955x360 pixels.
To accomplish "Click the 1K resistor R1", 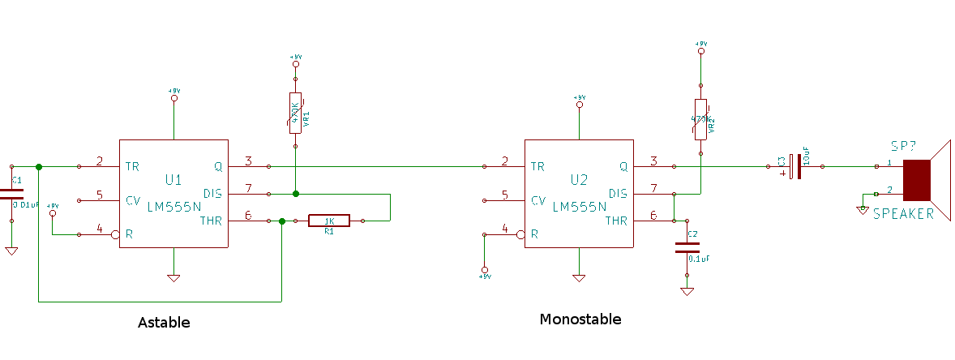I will click(x=329, y=221).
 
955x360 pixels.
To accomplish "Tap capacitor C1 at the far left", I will click(x=11, y=195).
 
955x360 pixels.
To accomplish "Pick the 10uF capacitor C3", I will click(x=799, y=167).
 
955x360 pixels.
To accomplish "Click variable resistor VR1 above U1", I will click(x=295, y=113).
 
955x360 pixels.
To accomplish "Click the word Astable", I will click(x=164, y=322).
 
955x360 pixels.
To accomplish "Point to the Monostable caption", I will click(x=580, y=319).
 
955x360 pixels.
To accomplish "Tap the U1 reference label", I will click(x=173, y=179).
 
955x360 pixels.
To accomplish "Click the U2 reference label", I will click(x=578, y=180).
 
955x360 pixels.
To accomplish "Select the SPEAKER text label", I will click(x=903, y=214).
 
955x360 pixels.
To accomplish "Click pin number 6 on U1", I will click(x=248, y=215).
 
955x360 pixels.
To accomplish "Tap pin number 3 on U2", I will click(x=653, y=161).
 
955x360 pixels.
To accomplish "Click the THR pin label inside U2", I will click(x=616, y=221).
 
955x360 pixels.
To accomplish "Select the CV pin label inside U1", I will click(x=133, y=200).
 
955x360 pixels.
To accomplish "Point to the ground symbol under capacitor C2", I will click(x=687, y=291).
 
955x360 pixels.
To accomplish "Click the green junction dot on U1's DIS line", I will click(x=295, y=194).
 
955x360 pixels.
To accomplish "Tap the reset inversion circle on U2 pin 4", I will click(x=520, y=235).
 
